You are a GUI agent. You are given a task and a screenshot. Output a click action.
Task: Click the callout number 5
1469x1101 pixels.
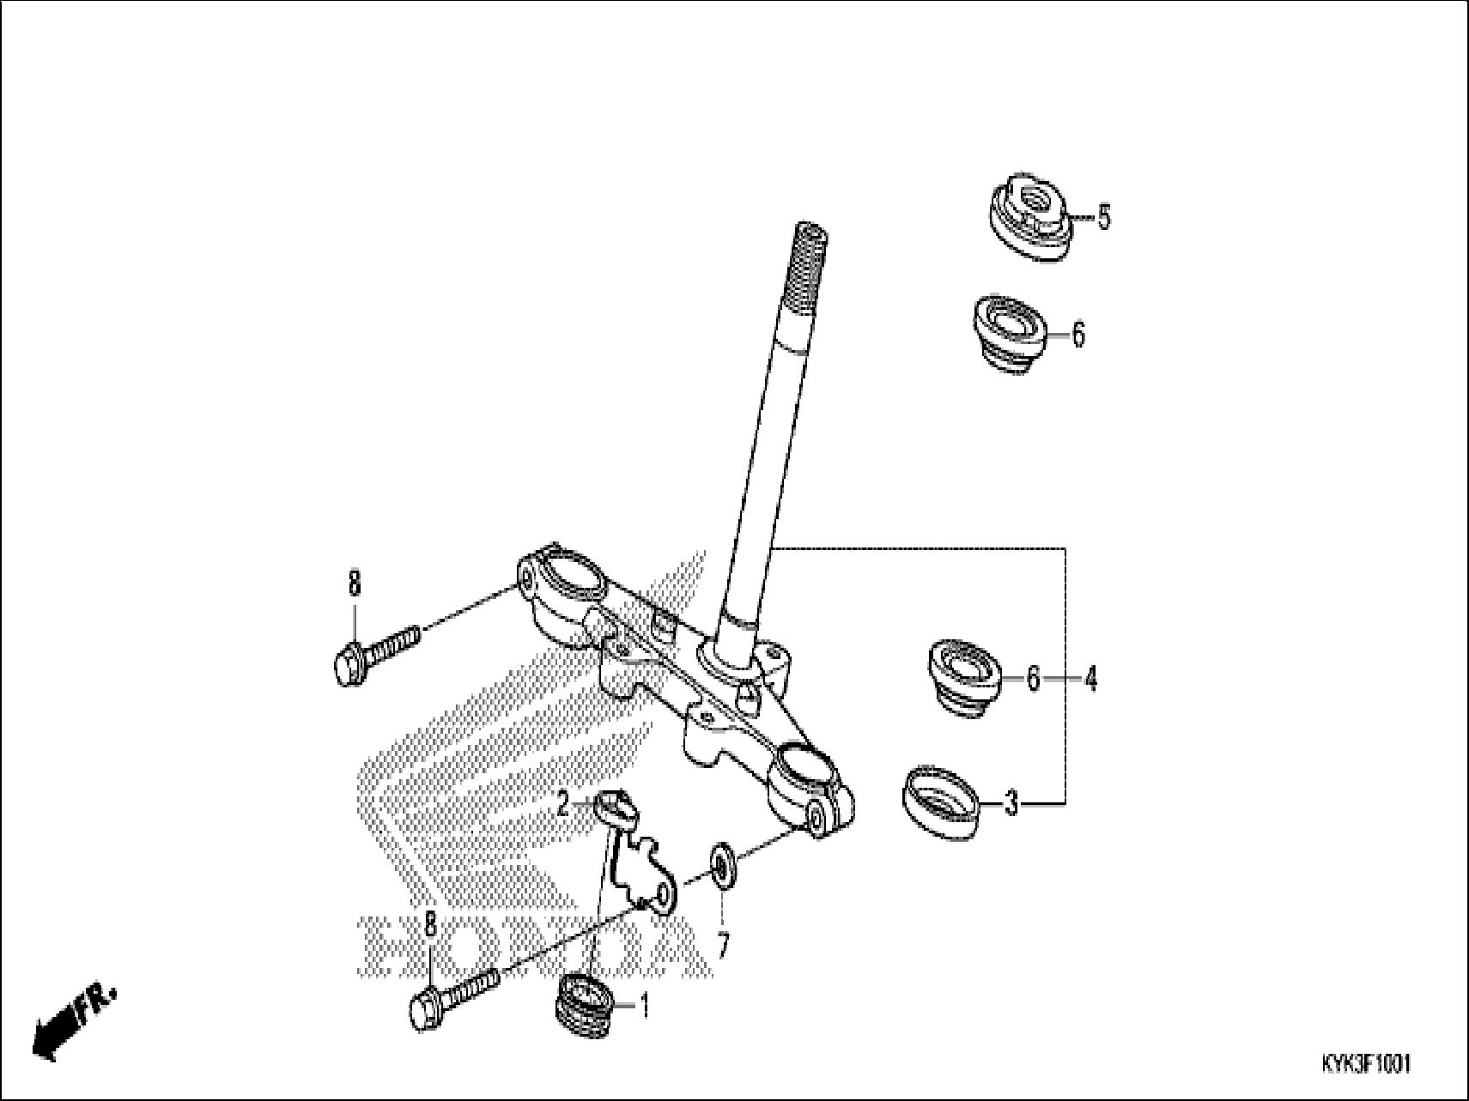(1104, 218)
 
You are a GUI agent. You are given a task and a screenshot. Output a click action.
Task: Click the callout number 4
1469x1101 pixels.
(1090, 681)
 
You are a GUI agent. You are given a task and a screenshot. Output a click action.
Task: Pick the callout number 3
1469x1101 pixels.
(1011, 805)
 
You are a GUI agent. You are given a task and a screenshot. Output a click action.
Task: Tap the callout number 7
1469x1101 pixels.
(723, 947)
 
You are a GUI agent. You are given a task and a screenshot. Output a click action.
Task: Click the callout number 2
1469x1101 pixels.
(563, 804)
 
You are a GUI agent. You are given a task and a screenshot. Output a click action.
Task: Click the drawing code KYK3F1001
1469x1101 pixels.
(1364, 1064)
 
